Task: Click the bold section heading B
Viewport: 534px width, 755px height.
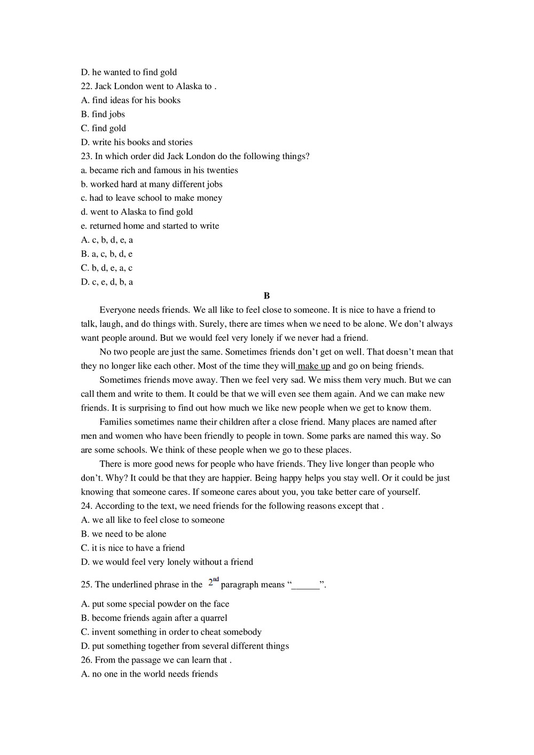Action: (266, 296)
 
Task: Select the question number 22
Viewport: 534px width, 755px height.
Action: (87, 86)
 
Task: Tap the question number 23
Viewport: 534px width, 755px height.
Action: (87, 156)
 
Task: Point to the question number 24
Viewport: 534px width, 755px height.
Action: (87, 506)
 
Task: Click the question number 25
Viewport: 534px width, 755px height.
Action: (87, 585)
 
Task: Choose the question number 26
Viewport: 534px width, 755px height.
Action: (87, 660)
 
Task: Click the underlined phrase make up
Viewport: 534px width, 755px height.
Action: (314, 366)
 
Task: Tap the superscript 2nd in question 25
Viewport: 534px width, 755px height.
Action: (214, 582)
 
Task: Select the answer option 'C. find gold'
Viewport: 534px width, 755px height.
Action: (104, 128)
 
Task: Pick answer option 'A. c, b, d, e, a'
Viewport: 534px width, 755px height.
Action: (107, 240)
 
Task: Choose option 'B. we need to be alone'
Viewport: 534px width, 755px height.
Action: (123, 534)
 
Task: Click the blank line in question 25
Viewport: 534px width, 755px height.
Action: (305, 586)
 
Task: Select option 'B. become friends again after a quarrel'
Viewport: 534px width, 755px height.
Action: (154, 618)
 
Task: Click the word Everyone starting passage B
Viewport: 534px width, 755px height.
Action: (117, 310)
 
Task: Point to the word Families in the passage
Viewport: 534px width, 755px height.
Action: (116, 422)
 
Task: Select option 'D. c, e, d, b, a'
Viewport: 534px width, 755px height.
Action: (107, 282)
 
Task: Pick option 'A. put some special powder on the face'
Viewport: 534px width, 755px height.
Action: (155, 604)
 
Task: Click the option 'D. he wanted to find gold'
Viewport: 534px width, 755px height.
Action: (129, 73)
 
